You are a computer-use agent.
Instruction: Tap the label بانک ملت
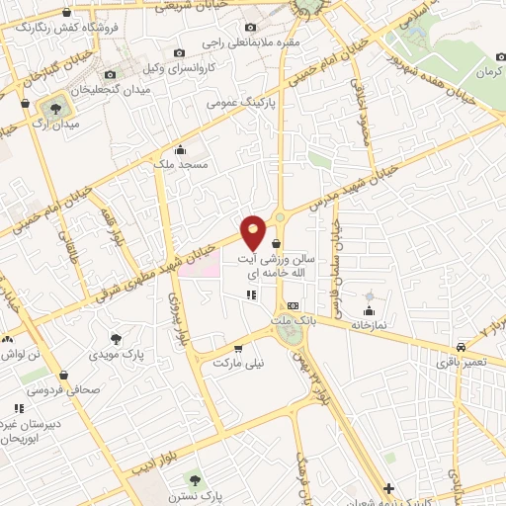[294, 320]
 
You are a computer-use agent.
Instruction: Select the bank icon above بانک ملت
[294, 306]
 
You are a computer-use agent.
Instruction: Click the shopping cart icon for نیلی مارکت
[238, 349]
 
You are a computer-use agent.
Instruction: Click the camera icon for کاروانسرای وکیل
[179, 52]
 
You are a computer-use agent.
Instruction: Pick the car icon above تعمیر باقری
[462, 347]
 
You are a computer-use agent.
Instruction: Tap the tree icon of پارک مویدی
[117, 338]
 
